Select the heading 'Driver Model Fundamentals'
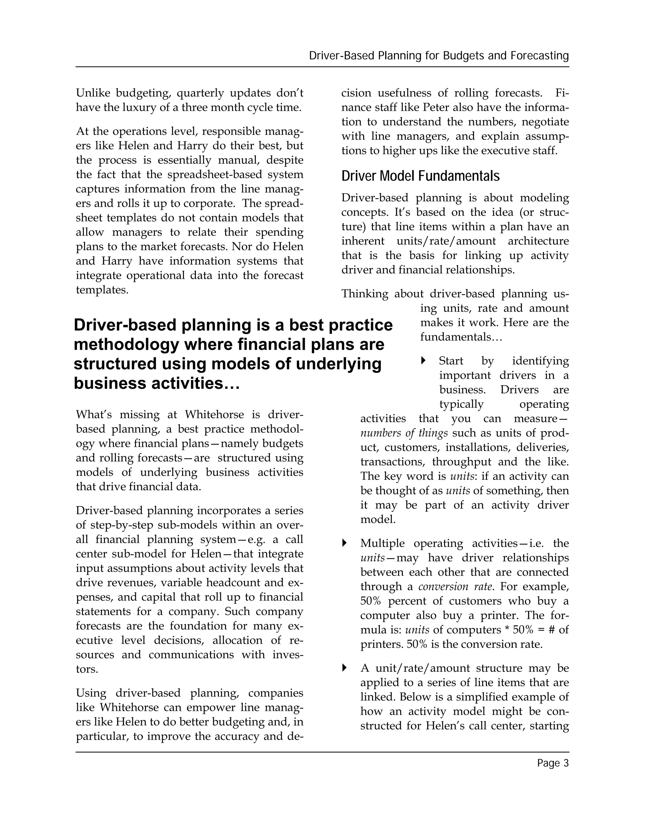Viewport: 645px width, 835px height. click(x=420, y=176)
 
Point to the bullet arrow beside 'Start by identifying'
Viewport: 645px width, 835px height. click(x=423, y=360)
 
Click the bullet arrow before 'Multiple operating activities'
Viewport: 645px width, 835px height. click(x=344, y=543)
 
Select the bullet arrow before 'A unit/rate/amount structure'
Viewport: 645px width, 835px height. click(x=344, y=668)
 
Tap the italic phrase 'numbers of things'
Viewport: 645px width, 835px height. click(x=404, y=433)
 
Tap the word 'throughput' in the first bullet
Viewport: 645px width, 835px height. click(x=462, y=462)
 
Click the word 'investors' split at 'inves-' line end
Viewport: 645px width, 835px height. click(x=287, y=655)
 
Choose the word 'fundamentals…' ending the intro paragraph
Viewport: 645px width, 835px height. click(x=461, y=337)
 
